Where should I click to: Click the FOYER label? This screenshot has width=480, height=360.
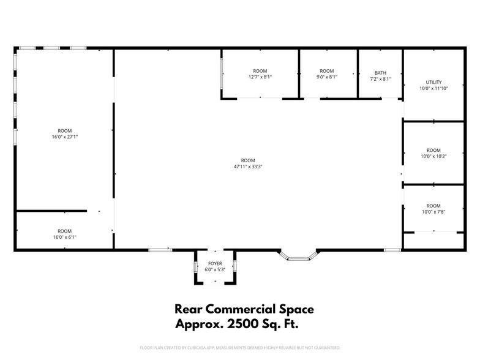click(x=214, y=263)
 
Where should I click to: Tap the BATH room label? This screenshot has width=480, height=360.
click(x=380, y=72)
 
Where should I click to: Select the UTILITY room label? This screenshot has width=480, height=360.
click(x=433, y=82)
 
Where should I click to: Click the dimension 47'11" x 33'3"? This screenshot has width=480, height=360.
click(x=248, y=166)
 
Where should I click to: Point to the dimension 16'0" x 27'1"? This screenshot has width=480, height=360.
click(x=65, y=137)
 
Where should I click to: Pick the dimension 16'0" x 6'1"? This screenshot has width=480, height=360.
click(x=65, y=237)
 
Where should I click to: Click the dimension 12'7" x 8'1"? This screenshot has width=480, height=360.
click(x=260, y=77)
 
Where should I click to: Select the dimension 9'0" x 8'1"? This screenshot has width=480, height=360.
click(x=327, y=77)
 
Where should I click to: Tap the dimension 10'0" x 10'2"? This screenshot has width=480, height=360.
click(x=433, y=156)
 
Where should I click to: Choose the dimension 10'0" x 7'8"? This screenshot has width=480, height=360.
click(x=433, y=212)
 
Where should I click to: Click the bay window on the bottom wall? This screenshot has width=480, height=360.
click(x=299, y=257)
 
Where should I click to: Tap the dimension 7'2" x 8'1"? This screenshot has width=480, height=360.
click(x=380, y=78)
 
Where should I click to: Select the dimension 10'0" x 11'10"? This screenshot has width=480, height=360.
click(x=433, y=88)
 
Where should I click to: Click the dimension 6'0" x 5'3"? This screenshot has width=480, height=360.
click(x=214, y=269)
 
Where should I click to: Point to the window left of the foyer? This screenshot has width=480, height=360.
click(x=160, y=250)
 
